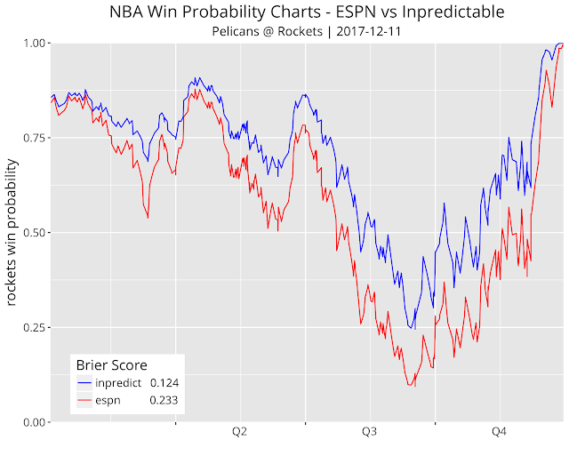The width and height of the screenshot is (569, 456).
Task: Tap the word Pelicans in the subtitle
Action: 237,32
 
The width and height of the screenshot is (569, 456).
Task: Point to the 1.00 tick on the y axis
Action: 35,44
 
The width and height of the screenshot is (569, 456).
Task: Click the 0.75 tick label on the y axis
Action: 35,138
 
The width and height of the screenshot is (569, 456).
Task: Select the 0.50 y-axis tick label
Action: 35,233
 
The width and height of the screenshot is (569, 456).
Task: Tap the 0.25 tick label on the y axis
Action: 35,327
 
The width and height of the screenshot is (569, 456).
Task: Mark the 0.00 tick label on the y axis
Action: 35,421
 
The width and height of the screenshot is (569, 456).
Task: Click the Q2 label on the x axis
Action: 239,433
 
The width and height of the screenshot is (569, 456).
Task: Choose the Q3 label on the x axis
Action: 369,433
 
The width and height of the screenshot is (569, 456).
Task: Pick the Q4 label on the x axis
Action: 499,433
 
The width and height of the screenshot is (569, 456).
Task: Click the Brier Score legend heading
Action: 111,364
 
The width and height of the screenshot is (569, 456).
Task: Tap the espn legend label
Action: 109,401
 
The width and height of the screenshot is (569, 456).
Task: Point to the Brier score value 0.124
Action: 165,383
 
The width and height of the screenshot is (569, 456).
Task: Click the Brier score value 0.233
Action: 165,401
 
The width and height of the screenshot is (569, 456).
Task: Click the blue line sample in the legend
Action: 84,383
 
